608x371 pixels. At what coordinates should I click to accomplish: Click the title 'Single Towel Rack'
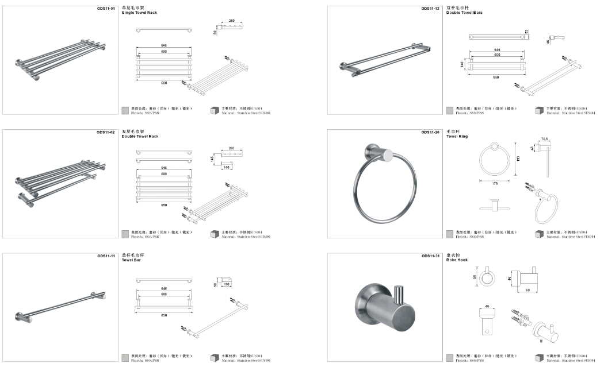click(x=139, y=13)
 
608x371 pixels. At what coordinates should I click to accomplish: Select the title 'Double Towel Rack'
click(x=140, y=137)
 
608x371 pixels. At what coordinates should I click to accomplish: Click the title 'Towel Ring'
click(x=457, y=137)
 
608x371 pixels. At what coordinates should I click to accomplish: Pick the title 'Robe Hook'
click(x=457, y=260)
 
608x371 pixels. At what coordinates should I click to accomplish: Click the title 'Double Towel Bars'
click(x=464, y=13)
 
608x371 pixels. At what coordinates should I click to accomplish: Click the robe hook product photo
click(x=385, y=307)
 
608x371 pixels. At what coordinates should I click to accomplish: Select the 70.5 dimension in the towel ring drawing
click(x=545, y=138)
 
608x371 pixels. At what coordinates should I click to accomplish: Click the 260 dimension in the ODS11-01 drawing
click(x=231, y=21)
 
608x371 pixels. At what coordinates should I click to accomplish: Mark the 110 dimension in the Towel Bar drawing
click(x=226, y=285)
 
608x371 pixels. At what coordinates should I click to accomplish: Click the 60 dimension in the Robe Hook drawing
click(x=527, y=291)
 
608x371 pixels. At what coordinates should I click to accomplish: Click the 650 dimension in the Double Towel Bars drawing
click(x=496, y=77)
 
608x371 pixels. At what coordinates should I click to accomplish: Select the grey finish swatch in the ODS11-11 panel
click(x=125, y=358)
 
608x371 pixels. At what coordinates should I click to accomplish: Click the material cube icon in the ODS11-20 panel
click(x=539, y=234)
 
